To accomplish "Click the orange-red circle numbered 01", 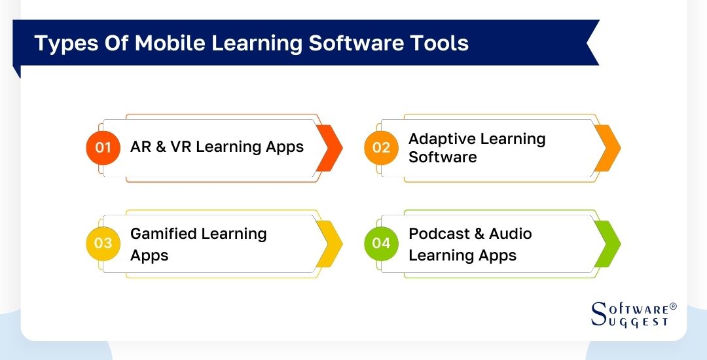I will click(x=103, y=147).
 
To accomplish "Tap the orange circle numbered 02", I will click(x=381, y=147).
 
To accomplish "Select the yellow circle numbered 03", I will click(x=103, y=243).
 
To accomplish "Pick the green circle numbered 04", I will click(x=381, y=243).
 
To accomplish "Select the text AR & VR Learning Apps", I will click(x=217, y=147).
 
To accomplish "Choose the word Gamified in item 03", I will click(x=164, y=234).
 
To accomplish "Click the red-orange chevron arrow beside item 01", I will click(x=330, y=147).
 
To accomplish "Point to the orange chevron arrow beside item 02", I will click(x=608, y=147).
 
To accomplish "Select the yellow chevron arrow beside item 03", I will click(x=330, y=243).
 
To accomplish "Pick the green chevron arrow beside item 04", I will click(x=608, y=243).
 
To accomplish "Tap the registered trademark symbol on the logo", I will click(x=674, y=306).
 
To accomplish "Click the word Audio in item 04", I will click(x=510, y=234).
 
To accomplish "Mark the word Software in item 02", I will click(x=443, y=157).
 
